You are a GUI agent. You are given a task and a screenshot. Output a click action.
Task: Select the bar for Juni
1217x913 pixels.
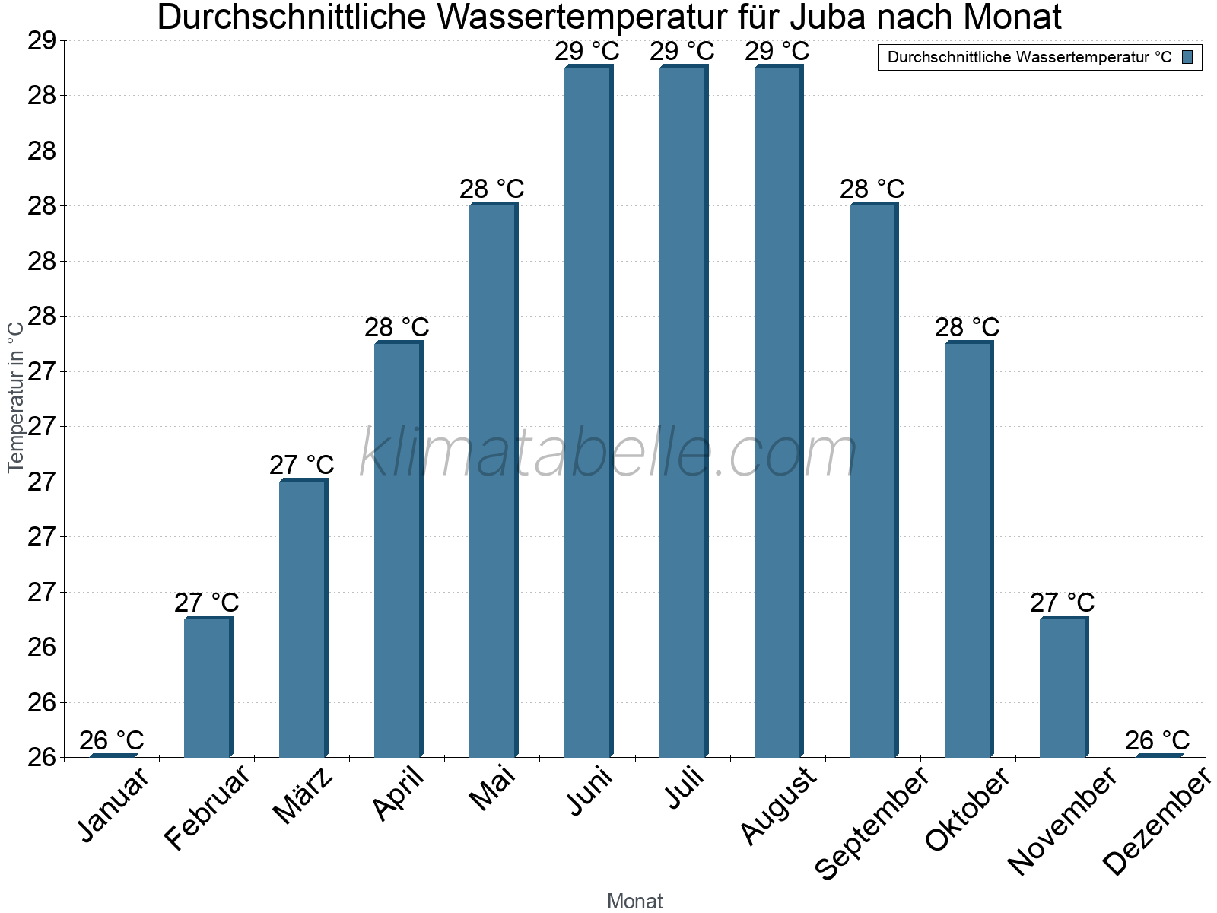point(587,411)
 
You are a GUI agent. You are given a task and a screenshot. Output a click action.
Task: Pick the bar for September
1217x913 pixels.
point(872,479)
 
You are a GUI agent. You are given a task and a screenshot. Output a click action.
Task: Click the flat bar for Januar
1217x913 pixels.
point(113,755)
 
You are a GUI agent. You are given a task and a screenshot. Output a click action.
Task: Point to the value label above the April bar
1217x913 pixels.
point(396,328)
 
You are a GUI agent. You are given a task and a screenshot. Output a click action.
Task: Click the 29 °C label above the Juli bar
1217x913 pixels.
point(682,52)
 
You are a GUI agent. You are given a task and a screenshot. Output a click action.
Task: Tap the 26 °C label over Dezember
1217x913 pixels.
point(1157,740)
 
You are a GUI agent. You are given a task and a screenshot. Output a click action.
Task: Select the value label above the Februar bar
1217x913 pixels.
point(206,603)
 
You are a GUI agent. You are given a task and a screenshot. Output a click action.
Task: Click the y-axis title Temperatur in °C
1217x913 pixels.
point(15,396)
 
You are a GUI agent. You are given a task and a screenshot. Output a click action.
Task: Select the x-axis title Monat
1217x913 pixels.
point(634,901)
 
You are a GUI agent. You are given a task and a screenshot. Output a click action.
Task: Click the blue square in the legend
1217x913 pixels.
point(1187,57)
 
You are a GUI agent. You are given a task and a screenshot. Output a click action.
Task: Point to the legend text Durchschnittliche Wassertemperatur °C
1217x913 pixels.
point(1029,57)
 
